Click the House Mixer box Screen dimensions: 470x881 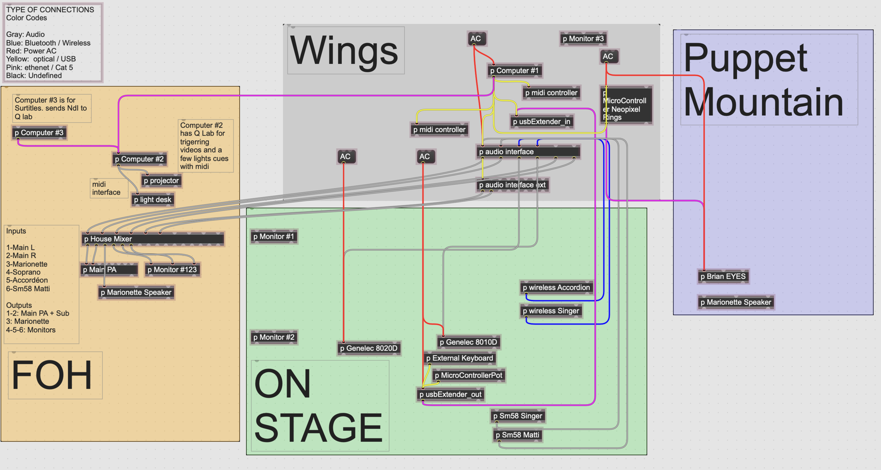click(x=153, y=239)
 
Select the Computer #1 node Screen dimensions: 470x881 click(x=514, y=71)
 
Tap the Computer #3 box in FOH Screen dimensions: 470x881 click(x=39, y=133)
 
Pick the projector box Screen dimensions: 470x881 click(x=161, y=181)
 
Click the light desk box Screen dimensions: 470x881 click(x=153, y=200)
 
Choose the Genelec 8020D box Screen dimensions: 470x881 click(x=368, y=348)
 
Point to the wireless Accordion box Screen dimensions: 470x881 click(x=556, y=288)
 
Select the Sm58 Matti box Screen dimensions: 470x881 click(x=517, y=435)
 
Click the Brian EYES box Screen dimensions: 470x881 click(x=723, y=276)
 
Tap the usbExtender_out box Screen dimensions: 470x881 click(x=451, y=394)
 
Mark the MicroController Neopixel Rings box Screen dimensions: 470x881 click(x=626, y=105)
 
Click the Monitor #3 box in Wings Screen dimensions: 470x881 click(x=583, y=39)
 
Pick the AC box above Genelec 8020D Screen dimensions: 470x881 click(x=346, y=156)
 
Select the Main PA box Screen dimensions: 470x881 click(x=109, y=269)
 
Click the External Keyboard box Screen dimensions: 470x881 click(x=459, y=358)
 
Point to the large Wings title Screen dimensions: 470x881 click(x=344, y=50)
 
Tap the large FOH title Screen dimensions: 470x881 click(x=52, y=375)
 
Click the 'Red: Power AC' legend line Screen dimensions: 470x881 click(x=31, y=51)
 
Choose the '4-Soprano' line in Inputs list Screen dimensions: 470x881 click(x=23, y=272)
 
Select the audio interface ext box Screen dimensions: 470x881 click(x=512, y=185)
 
